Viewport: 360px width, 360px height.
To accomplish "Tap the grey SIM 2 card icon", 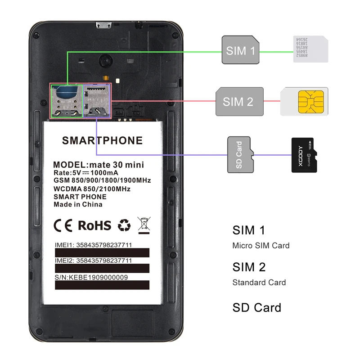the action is coord(239,101).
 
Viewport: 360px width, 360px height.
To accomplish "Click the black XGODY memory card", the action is coord(304,155).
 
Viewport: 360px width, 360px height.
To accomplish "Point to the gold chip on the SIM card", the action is coord(311,102).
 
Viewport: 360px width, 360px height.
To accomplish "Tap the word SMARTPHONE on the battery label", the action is coord(102,140).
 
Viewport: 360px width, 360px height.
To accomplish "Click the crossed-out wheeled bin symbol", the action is coord(144,225).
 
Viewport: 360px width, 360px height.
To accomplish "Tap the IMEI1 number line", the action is coord(93,245).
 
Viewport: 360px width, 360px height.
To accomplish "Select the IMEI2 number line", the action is coord(93,261).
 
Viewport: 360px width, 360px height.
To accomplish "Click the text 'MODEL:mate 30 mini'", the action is coord(101,164).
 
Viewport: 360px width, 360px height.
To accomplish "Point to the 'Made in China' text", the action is coord(78,204).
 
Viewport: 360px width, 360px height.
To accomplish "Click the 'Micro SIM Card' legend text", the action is coord(261,246).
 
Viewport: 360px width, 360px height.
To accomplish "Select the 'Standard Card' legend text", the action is coord(259,283).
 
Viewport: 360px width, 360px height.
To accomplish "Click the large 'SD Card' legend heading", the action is coord(256,308).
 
